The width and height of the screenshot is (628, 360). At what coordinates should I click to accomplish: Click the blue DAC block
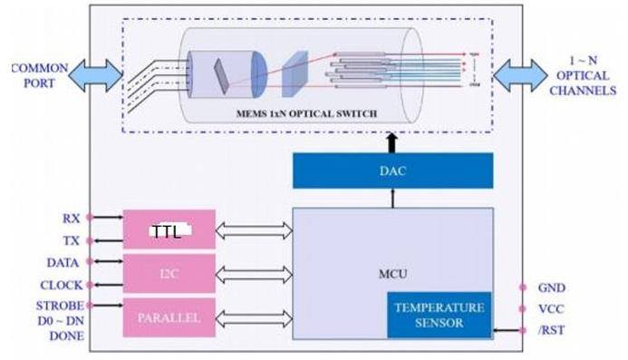click(392, 170)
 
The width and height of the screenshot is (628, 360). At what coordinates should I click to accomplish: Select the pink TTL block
click(169, 230)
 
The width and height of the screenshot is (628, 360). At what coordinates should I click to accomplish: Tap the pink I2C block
click(169, 273)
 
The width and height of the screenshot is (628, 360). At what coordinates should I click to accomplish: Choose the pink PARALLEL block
click(169, 317)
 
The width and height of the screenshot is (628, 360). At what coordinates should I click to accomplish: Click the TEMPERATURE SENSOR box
click(440, 315)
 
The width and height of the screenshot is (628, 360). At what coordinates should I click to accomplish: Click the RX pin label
click(71, 219)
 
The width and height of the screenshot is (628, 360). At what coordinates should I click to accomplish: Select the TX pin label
click(71, 240)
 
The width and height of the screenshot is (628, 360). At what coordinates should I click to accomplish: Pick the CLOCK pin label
click(61, 284)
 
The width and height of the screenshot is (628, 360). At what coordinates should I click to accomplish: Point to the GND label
click(554, 287)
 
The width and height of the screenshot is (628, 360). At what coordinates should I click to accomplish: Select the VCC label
click(553, 308)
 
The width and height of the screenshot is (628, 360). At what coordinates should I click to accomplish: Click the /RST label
click(554, 330)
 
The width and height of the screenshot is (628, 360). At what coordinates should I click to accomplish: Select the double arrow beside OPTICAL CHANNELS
click(521, 74)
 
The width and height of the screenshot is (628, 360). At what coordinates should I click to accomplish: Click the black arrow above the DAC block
click(391, 141)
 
